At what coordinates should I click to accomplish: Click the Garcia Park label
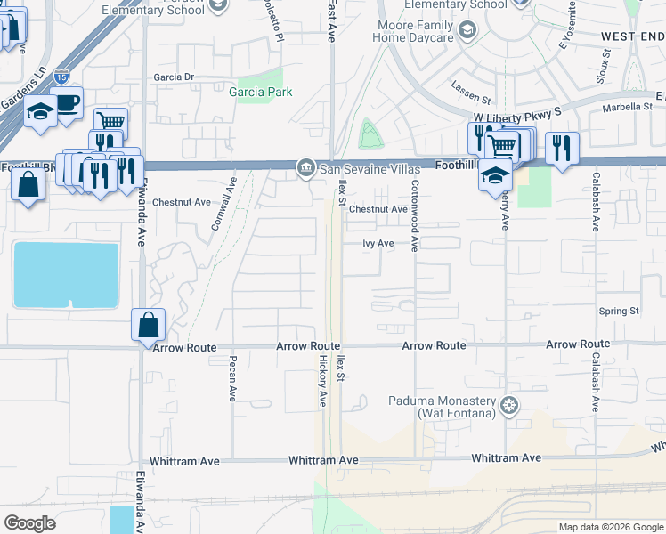click(x=260, y=92)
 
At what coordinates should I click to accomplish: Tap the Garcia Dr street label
click(x=174, y=77)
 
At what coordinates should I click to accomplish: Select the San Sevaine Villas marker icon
click(x=305, y=166)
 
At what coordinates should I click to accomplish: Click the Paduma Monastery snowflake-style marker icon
click(x=508, y=407)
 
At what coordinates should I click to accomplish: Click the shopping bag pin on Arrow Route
click(x=148, y=325)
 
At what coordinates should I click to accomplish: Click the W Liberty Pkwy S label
click(x=517, y=117)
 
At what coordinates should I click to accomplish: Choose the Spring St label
click(x=619, y=311)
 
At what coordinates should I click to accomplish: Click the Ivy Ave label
click(x=378, y=243)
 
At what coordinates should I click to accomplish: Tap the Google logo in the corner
click(x=29, y=523)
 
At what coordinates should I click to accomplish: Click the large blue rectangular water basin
click(x=65, y=275)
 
